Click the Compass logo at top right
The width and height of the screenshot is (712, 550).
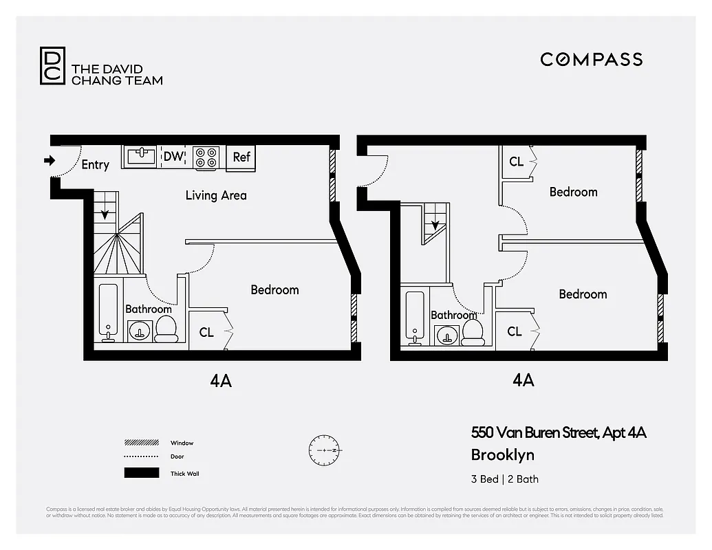(x=591, y=59)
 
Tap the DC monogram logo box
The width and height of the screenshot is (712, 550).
(x=52, y=65)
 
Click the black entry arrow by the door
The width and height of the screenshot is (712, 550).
(x=50, y=161)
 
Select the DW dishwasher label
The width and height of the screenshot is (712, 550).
(x=173, y=157)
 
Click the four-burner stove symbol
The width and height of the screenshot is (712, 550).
(x=206, y=157)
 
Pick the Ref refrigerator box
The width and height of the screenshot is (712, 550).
(x=241, y=157)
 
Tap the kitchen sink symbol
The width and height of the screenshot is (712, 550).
(x=142, y=156)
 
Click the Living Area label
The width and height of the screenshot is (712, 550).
(x=215, y=195)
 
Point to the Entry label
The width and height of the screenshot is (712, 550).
(x=95, y=165)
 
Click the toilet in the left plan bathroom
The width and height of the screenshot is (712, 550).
(x=166, y=330)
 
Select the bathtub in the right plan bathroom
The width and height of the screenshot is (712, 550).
(x=415, y=316)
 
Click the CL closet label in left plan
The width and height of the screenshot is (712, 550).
(x=206, y=332)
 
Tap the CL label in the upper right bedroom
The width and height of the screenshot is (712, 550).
(x=516, y=162)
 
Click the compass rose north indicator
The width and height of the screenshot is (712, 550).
(x=325, y=449)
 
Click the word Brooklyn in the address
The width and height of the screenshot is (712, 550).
(x=502, y=454)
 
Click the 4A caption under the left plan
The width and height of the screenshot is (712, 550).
(x=221, y=381)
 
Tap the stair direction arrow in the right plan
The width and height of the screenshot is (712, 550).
(x=434, y=221)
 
